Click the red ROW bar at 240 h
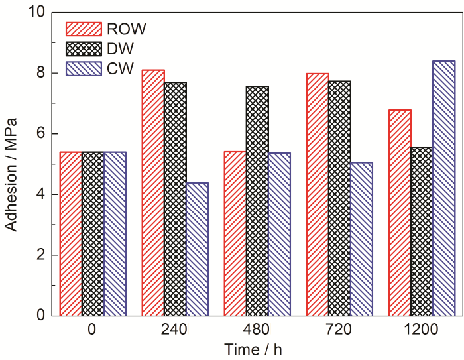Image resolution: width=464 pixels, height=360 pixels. tap(153, 192)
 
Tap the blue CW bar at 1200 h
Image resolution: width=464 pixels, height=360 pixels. tap(443, 188)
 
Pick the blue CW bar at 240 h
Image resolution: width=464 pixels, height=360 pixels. tap(197, 249)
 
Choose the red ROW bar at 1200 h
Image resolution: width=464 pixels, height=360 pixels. tap(400, 212)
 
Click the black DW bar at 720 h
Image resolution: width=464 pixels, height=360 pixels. tap(339, 198)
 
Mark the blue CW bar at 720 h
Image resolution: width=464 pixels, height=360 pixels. tap(361, 239)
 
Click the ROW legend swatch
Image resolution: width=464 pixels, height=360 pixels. tap(83, 29)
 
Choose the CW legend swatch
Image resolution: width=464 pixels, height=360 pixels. tap(83, 68)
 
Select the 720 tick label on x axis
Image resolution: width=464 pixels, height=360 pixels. tap(339, 330)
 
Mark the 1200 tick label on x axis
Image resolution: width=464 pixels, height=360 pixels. tap(422, 330)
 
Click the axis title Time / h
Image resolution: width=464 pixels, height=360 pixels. tap(257, 349)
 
